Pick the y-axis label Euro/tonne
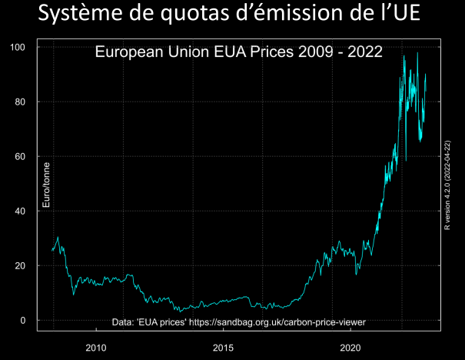pyautogui.click(x=46, y=185)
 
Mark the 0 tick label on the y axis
pyautogui.click(x=23, y=321)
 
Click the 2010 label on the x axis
pyautogui.click(x=96, y=347)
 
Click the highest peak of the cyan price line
pyautogui.click(x=417, y=53)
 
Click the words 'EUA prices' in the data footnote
pyautogui.click(x=160, y=322)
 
